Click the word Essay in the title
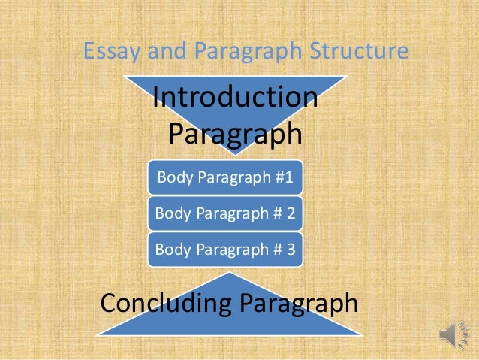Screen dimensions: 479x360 pos(107,51)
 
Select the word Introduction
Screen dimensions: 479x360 pos(235,98)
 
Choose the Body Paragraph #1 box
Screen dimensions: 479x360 pos(224,178)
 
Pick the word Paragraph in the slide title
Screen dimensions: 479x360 pos(235,51)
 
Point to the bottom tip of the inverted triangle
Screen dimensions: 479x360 pos(235,154)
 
